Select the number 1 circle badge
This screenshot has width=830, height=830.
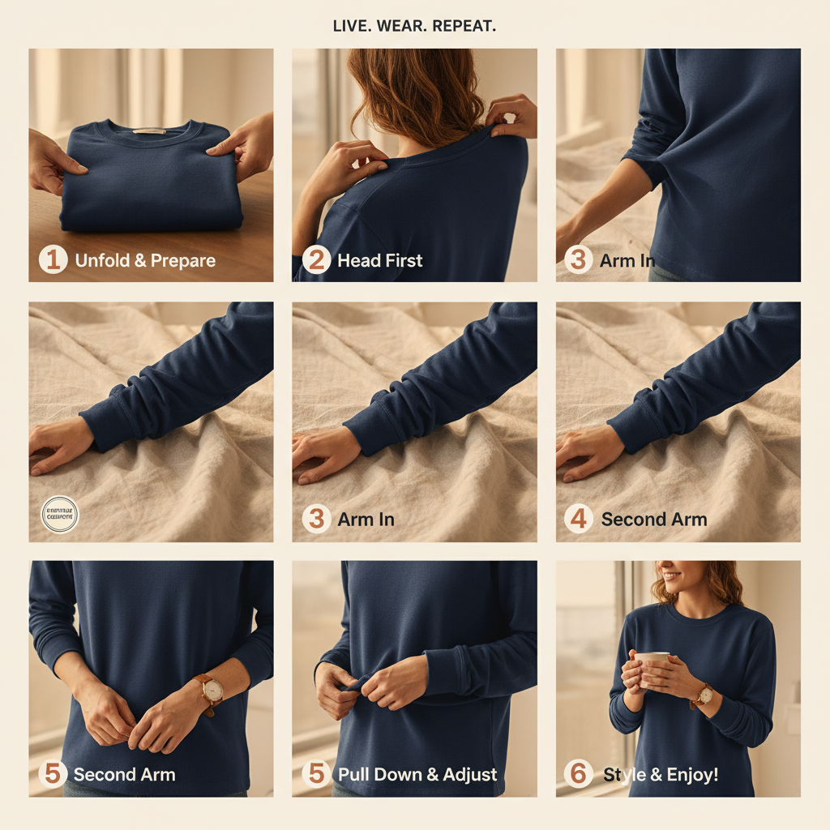pyautogui.click(x=53, y=260)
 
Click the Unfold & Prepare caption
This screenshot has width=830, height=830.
pyautogui.click(x=145, y=261)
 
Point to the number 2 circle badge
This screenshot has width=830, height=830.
pyautogui.click(x=316, y=260)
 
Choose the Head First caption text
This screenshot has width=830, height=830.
pyautogui.click(x=380, y=261)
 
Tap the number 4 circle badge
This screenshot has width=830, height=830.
pyautogui.click(x=579, y=519)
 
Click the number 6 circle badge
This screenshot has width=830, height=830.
pyautogui.click(x=579, y=774)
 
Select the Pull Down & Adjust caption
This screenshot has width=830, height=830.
pyautogui.click(x=417, y=774)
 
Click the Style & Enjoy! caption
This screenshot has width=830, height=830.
pyautogui.click(x=661, y=775)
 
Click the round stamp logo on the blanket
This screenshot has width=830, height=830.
pyautogui.click(x=60, y=515)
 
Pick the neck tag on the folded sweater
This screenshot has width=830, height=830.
pyautogui.click(x=148, y=130)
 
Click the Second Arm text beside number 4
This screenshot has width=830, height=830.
pyautogui.click(x=654, y=520)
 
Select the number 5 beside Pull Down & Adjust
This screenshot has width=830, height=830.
pyautogui.click(x=316, y=774)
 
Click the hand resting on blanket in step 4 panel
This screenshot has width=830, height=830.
pyautogui.click(x=588, y=451)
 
